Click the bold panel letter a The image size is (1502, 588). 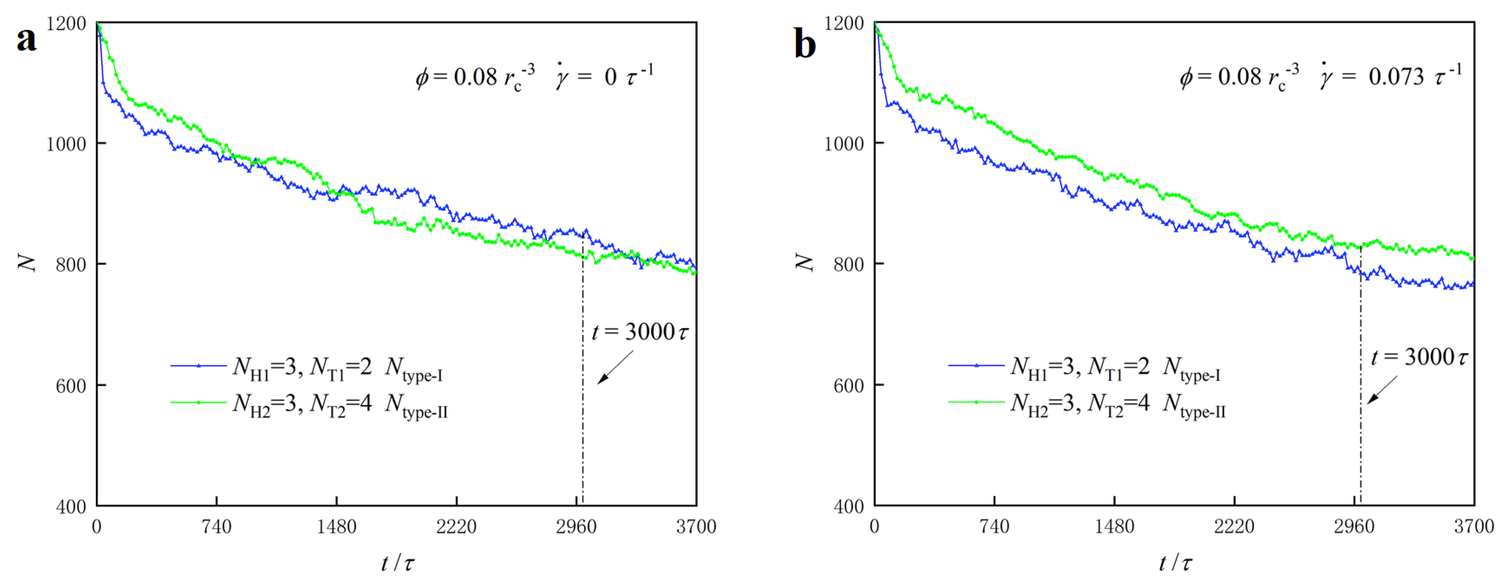[26, 40]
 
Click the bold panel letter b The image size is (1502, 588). [805, 44]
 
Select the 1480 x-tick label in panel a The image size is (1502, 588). [337, 527]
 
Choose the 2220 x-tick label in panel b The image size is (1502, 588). [1234, 527]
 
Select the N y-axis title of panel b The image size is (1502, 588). [805, 263]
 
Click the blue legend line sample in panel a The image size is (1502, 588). [198, 366]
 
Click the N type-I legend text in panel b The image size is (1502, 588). [1191, 370]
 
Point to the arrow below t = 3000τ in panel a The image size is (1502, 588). [615, 368]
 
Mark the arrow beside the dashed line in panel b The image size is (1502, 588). [1382, 390]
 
